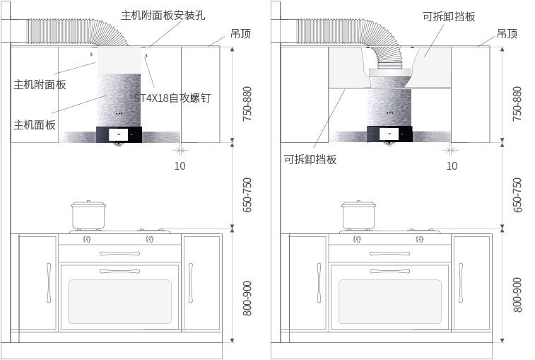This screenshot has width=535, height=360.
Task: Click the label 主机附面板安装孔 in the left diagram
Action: (163, 15)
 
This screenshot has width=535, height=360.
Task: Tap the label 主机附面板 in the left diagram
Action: (40, 84)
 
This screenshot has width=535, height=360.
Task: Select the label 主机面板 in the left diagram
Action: (35, 124)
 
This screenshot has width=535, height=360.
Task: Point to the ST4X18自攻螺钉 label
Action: (173, 98)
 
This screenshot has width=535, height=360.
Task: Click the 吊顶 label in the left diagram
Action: (240, 34)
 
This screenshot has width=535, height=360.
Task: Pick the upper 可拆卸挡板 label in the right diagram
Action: (449, 16)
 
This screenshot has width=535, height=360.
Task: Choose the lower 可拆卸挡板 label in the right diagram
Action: (310, 159)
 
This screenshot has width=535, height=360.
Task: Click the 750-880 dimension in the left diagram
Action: (247, 104)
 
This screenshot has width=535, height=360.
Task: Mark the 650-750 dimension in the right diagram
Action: (517, 194)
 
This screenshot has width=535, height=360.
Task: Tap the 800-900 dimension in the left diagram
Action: (247, 297)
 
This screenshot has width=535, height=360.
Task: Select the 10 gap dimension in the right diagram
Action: (452, 166)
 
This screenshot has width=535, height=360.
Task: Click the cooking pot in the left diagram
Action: (88, 214)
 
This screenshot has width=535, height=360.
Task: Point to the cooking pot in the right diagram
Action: (359, 214)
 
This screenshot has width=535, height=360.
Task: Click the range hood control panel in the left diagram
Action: (119, 134)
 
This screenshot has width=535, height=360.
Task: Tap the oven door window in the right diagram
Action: (390, 301)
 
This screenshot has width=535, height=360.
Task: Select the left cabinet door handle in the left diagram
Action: (49, 283)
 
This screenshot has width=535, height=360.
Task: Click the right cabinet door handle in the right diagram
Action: (461, 283)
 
